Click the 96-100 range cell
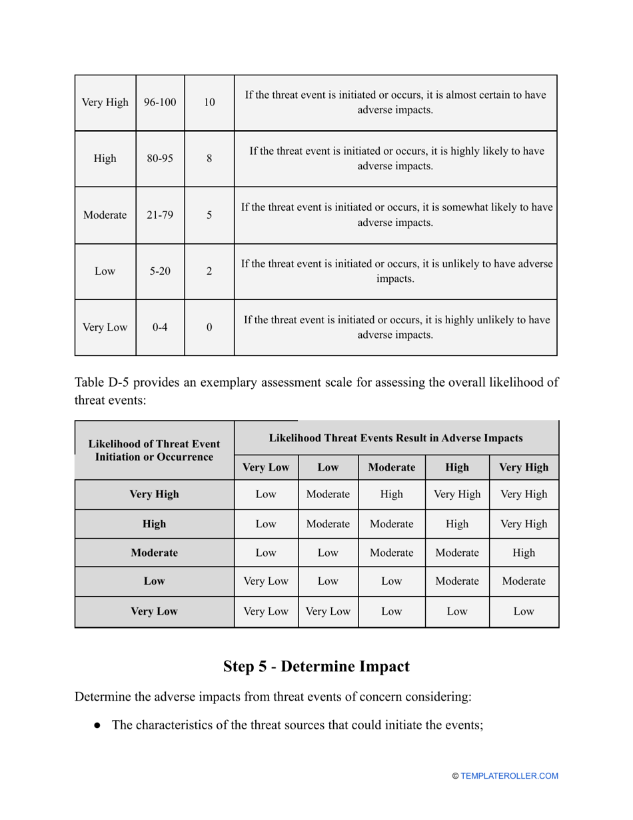tap(160, 103)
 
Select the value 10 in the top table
tap(209, 103)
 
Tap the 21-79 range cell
tap(160, 215)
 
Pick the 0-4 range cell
tap(160, 327)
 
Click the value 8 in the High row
tap(209, 159)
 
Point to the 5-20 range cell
tap(160, 271)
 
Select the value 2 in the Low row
tap(209, 271)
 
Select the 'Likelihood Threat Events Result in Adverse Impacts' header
tap(396, 438)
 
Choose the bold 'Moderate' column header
tap(391, 467)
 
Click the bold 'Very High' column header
tap(524, 467)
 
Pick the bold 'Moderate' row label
tap(154, 553)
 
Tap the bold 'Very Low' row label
tap(154, 611)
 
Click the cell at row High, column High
tap(457, 524)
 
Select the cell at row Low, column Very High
tap(524, 581)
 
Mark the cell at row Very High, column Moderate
tap(391, 495)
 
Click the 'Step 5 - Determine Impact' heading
tap(316, 666)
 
